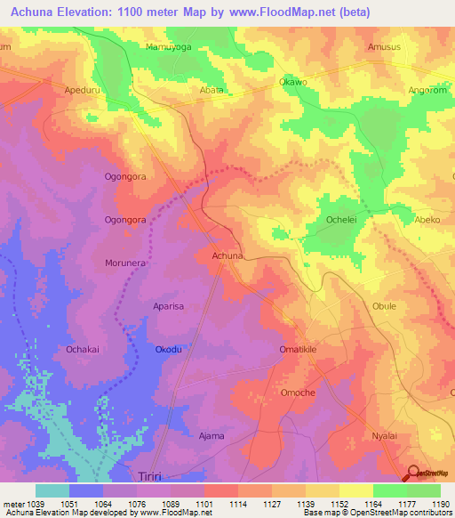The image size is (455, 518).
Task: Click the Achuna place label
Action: tap(227, 256)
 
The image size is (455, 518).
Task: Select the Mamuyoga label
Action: tap(168, 46)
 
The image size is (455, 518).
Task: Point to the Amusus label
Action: tap(384, 46)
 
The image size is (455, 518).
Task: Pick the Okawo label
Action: tap(293, 82)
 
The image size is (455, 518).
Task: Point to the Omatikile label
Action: tap(298, 350)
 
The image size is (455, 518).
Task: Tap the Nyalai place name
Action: tap(384, 436)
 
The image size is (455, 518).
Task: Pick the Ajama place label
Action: tap(211, 436)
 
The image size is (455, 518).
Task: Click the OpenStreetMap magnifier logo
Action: tap(413, 473)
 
